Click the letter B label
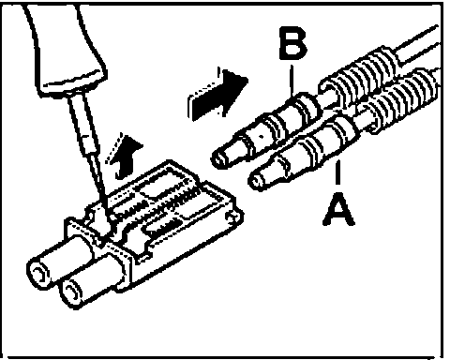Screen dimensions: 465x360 coord(292,43)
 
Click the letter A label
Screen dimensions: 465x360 coord(338,208)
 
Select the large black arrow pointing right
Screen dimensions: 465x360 coord(217,93)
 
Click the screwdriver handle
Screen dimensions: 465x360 coord(66,47)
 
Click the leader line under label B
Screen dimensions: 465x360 coord(292,80)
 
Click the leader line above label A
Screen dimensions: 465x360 coord(337,172)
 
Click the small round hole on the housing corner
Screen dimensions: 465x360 coord(232,217)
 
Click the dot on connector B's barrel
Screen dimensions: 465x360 coord(262,136)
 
